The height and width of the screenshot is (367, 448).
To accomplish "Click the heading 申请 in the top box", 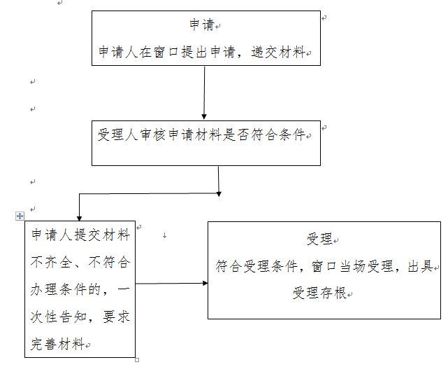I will point(203,26).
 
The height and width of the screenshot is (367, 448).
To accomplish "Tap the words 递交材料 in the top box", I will point(281,53).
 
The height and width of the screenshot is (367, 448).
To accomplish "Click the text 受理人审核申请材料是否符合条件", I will point(202,134).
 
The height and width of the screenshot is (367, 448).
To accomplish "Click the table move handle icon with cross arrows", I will point(20,216).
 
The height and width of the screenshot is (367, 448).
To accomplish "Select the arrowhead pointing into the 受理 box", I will point(205,283).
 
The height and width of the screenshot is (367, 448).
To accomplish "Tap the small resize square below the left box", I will point(136,360).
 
